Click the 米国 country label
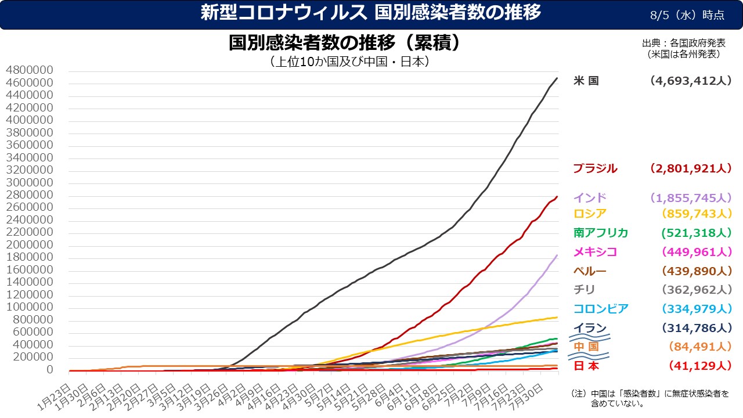pos(586,81)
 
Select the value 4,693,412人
pos(691,81)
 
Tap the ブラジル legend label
pos(595,169)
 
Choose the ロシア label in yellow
pos(589,213)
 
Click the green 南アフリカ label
pos(600,233)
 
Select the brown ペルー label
pos(589,271)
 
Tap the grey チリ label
pos(584,289)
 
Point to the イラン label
pos(589,328)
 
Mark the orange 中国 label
pos(586,347)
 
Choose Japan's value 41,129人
pos(699,366)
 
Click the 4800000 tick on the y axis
pos(37,71)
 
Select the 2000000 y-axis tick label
pos(37,245)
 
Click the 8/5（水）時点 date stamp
pos(687,15)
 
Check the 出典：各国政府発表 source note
pos(683,44)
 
